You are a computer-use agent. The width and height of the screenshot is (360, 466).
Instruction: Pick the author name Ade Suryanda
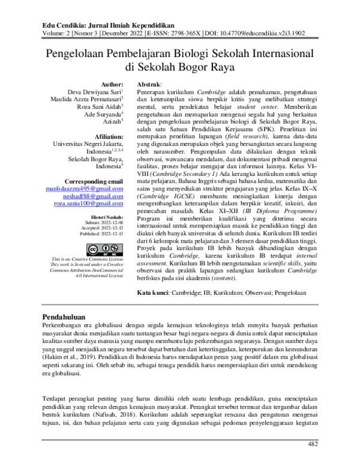102,114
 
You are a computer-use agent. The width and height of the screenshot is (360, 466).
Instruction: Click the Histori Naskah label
107,216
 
